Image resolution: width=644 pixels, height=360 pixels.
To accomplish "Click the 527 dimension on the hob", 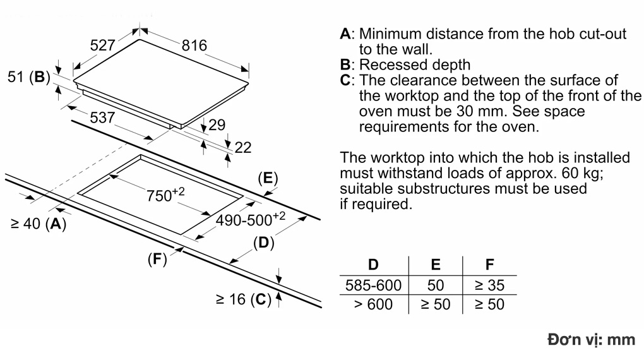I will click(x=103, y=45).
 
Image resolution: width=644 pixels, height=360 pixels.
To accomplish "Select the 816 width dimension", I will click(x=194, y=45).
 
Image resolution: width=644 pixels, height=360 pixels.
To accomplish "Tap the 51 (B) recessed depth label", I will click(x=28, y=77).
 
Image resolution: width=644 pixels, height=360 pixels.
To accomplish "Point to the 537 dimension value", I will click(x=102, y=117).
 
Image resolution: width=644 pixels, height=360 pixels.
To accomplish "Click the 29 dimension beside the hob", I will click(x=217, y=125).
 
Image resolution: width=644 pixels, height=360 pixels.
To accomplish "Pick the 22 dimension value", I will click(x=242, y=148).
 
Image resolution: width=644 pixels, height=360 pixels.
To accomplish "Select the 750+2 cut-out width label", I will click(x=165, y=195).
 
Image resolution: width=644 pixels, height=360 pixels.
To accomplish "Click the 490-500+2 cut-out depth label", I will click(x=251, y=220).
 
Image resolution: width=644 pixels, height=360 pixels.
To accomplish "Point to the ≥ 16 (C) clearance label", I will click(x=242, y=299).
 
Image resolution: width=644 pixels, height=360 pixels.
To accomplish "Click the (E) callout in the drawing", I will click(x=268, y=178).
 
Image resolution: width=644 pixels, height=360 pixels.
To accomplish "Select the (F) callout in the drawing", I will click(x=157, y=259).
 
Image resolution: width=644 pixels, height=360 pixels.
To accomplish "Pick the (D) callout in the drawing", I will click(x=263, y=243).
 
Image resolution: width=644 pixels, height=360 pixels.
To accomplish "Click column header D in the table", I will click(x=373, y=265).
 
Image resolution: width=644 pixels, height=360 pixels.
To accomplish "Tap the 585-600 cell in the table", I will click(x=373, y=285).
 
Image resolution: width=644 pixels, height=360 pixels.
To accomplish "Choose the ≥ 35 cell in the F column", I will click(x=489, y=285).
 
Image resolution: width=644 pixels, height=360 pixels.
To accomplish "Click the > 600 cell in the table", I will click(x=373, y=304).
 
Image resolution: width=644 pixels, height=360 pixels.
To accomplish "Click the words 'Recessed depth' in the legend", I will click(x=415, y=64).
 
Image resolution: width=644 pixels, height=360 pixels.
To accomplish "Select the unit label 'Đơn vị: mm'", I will click(x=591, y=340).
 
